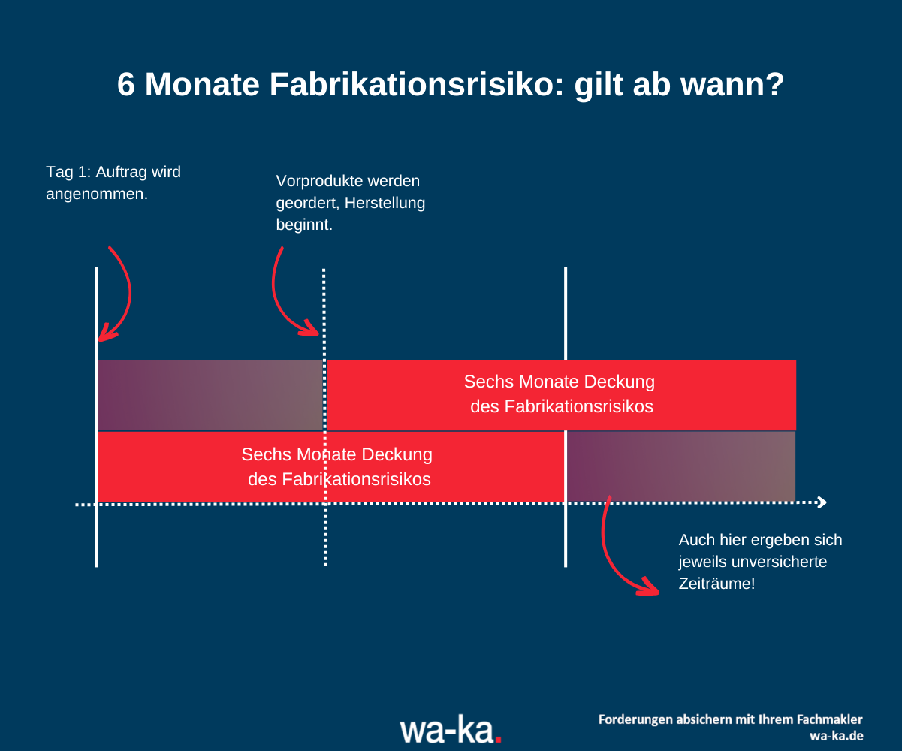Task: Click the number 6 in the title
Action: coord(127,86)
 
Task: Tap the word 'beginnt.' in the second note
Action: coord(304,225)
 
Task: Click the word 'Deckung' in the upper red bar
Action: coord(617,382)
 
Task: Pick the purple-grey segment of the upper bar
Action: coord(210,396)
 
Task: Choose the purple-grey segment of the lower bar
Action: coord(680,466)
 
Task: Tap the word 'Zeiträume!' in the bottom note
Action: coord(716,583)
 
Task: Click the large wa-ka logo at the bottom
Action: coord(450,728)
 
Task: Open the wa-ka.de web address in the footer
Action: coord(836,735)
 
